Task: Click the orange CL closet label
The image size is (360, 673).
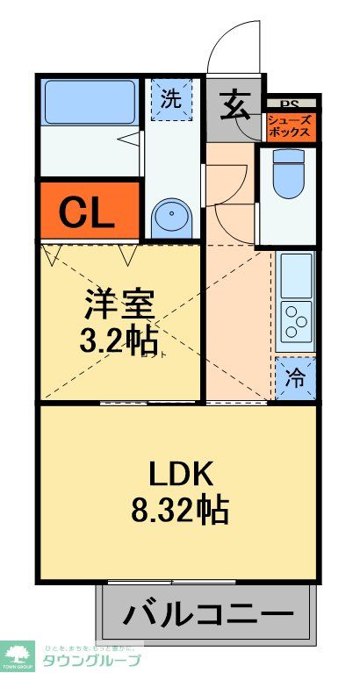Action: click(88, 211)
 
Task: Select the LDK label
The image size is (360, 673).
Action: click(179, 473)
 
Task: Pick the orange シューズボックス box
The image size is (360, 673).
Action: click(289, 126)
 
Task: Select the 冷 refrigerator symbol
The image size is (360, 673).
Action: click(296, 378)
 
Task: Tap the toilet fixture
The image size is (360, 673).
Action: click(287, 176)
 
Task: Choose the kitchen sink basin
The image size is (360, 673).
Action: click(296, 275)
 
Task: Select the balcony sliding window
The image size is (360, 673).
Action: click(207, 582)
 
